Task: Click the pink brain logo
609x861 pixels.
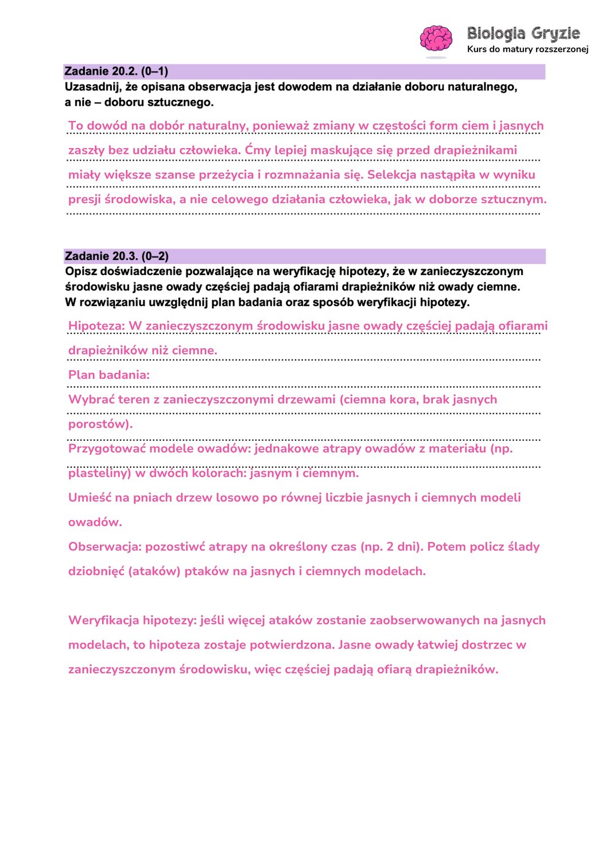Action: tap(436, 39)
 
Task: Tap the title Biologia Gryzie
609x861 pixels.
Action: tap(523, 33)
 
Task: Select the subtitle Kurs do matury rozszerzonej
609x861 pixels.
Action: tap(527, 49)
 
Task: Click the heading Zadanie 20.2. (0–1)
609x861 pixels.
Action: tap(117, 72)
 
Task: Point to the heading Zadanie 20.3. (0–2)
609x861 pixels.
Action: tap(117, 257)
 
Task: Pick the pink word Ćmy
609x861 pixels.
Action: tap(258, 150)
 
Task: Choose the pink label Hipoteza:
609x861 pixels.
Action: tap(96, 326)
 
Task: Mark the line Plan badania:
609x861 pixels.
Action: tap(109, 375)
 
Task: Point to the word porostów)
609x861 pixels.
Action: tap(100, 424)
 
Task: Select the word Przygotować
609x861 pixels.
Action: tap(107, 449)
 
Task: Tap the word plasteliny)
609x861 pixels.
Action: tap(100, 474)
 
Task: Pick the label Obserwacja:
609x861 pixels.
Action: tap(104, 547)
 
